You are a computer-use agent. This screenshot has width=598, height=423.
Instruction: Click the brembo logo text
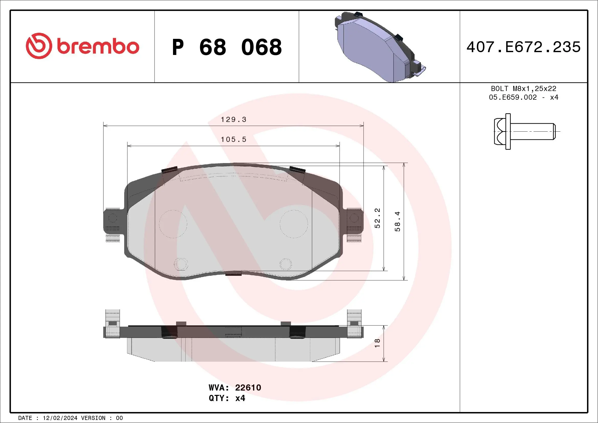pyautogui.click(x=98, y=47)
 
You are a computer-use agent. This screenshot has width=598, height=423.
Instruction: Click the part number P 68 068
pyautogui.click(x=227, y=47)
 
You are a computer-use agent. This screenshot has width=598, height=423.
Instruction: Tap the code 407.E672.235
pyautogui.click(x=524, y=47)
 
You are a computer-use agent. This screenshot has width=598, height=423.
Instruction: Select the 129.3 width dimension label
pyautogui.click(x=233, y=120)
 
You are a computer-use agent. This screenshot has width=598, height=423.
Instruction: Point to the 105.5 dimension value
pyautogui.click(x=233, y=140)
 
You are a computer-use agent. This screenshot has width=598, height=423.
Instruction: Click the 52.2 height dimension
pyautogui.click(x=377, y=218)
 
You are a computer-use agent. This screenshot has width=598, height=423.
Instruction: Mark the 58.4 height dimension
pyautogui.click(x=397, y=221)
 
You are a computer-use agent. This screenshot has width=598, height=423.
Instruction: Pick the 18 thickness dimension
pyautogui.click(x=377, y=343)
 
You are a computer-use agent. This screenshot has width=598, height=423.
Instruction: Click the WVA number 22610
pyautogui.click(x=248, y=387)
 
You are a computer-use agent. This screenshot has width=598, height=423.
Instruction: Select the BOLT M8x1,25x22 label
pyautogui.click(x=524, y=88)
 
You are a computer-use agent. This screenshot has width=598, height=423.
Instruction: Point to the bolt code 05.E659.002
pyautogui.click(x=513, y=97)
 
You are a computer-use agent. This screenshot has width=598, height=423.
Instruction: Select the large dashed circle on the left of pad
pyautogui.click(x=173, y=224)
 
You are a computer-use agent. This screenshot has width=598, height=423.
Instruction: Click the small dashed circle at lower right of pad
pyautogui.click(x=285, y=264)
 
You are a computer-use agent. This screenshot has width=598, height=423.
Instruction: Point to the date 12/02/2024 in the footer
pyautogui.click(x=60, y=418)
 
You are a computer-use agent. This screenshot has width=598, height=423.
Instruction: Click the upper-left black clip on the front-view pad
pyautogui.click(x=169, y=170)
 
